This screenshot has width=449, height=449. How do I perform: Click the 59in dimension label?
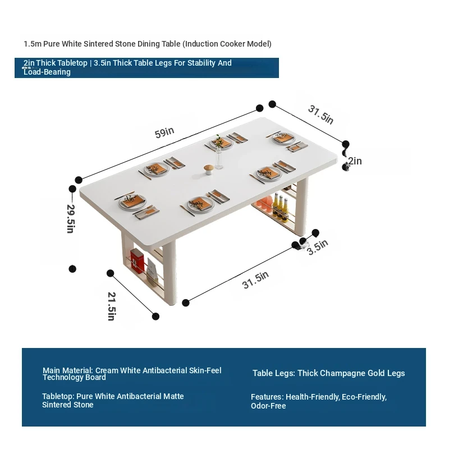tap(164, 132)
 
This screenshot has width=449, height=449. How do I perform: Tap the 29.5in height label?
tap(71, 218)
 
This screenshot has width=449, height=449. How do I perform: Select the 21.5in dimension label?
tap(111, 306)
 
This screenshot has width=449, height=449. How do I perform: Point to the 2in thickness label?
tap(355, 161)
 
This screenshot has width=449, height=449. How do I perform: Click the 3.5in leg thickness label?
tap(317, 247)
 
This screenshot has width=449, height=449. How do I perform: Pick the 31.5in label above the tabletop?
tap(320, 114)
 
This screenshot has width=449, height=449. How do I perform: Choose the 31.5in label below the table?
tap(255, 280)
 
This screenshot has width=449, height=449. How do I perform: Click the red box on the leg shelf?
tap(136, 260)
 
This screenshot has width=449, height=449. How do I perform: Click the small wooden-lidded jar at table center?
tap(208, 169)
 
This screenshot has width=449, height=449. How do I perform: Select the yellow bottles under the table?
tap(281, 207)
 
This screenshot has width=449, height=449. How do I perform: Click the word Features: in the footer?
tap(267, 397)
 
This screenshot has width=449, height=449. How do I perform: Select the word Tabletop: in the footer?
tap(58, 397)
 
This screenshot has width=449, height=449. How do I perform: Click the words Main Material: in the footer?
tap(68, 370)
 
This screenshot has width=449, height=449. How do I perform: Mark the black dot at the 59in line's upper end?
tap(259, 108)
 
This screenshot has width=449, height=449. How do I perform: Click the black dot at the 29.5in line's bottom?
tap(72, 269)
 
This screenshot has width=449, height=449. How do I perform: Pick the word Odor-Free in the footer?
tap(268, 406)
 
